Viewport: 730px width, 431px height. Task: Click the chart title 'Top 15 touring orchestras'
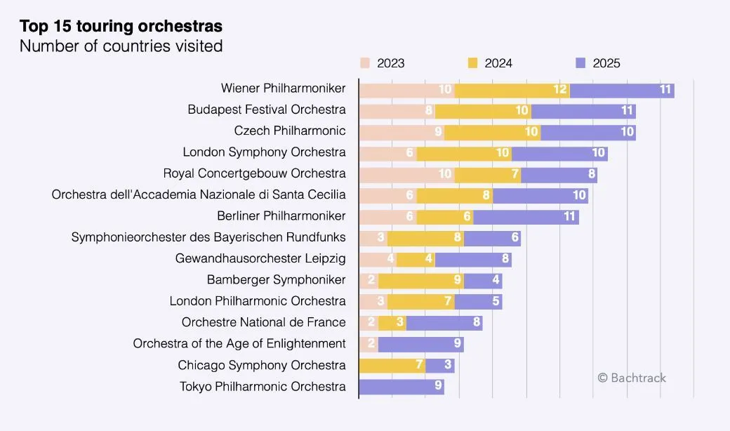click(121, 27)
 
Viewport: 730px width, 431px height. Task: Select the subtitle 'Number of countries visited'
click(121, 46)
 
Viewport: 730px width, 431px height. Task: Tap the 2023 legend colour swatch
click(365, 63)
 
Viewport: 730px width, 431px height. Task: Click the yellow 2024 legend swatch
click(472, 63)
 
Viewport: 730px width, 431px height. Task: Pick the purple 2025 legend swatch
click(580, 63)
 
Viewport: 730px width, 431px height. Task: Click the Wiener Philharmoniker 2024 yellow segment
click(512, 89)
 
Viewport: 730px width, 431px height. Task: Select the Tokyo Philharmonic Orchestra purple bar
click(401, 387)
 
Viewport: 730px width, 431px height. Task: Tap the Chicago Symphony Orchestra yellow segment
click(392, 366)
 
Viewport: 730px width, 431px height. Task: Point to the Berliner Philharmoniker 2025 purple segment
click(526, 217)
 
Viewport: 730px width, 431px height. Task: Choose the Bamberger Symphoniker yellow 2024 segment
click(420, 281)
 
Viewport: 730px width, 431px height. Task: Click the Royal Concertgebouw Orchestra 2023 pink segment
click(406, 174)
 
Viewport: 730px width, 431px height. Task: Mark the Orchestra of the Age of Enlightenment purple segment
click(420, 344)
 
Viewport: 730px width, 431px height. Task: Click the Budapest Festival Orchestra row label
click(267, 110)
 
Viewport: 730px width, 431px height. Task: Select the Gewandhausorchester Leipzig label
click(260, 259)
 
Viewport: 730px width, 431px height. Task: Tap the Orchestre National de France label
click(263, 322)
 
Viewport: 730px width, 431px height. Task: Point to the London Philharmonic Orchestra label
click(258, 301)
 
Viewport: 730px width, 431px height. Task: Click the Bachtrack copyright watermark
click(632, 378)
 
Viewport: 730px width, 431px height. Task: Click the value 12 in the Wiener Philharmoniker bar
click(559, 90)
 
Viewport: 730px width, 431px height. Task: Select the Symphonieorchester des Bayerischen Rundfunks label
click(208, 237)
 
